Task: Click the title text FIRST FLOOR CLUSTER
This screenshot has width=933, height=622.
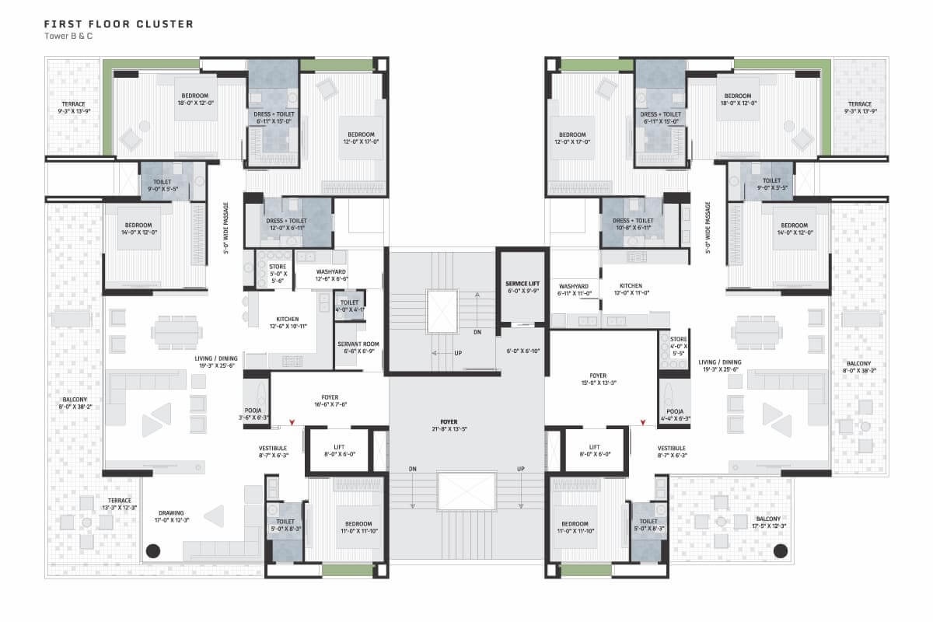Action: click(x=119, y=24)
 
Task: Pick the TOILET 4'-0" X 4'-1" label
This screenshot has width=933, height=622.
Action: click(x=349, y=306)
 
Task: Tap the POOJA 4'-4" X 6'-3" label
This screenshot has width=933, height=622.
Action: click(x=674, y=415)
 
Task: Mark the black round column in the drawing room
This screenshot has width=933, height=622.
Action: click(x=153, y=550)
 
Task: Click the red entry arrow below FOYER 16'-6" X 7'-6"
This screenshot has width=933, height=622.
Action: click(x=292, y=423)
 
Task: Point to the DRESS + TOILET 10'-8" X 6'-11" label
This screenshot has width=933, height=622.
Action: click(x=631, y=224)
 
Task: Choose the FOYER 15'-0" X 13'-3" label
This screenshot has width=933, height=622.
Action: click(x=597, y=379)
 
